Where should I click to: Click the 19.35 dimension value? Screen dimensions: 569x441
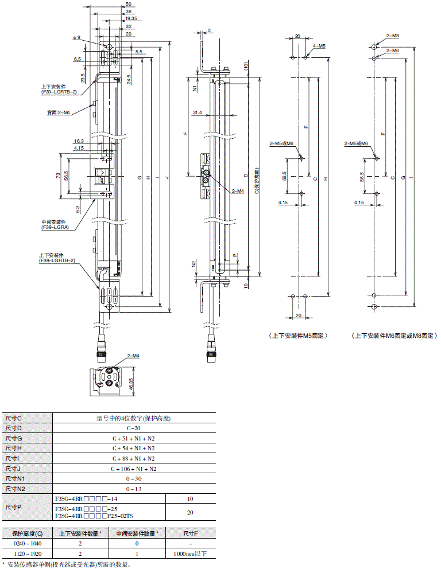130,18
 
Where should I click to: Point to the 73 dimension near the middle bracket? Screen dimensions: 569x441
59,176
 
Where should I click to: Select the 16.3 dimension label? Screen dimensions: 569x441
78,141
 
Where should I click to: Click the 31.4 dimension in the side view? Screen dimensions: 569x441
197,112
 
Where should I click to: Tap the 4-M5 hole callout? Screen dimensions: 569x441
319,45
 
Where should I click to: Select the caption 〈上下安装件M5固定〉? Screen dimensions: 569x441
297,336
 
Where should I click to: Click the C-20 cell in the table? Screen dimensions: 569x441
133,428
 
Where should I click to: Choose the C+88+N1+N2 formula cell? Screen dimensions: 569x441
133,459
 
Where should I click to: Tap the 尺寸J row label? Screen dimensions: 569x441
13,469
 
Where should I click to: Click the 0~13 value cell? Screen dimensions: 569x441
133,489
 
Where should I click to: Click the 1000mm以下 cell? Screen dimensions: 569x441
191,554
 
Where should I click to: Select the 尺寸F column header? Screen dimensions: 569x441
191,533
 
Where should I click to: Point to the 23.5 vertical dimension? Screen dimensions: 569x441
83,77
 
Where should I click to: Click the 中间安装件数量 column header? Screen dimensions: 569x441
137,533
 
